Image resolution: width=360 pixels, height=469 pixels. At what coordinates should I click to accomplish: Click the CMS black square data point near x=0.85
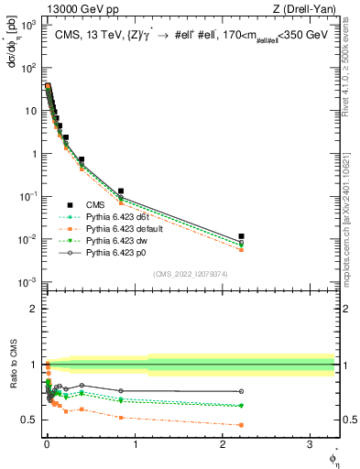(121, 191)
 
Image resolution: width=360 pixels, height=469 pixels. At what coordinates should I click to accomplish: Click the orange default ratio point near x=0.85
(121, 417)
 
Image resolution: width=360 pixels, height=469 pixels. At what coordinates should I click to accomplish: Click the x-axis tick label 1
(135, 442)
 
